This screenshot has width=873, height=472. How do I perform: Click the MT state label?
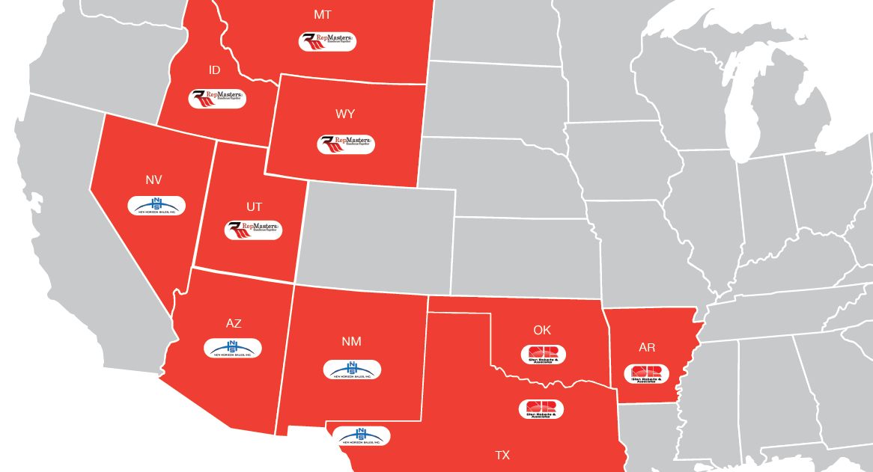pyautogui.click(x=323, y=15)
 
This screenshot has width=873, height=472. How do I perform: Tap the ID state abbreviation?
pyautogui.click(x=215, y=70)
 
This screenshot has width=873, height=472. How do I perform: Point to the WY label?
pyautogui.click(x=345, y=114)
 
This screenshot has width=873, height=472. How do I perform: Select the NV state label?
pyautogui.click(x=153, y=180)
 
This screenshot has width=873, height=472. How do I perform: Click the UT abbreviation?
pyautogui.click(x=255, y=206)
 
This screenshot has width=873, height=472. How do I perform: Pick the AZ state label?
pyautogui.click(x=234, y=323)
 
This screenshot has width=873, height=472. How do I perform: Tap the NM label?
pyautogui.click(x=351, y=342)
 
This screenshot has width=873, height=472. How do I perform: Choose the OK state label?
pyautogui.click(x=542, y=330)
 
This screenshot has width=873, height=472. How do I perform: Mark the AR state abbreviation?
pyautogui.click(x=648, y=348)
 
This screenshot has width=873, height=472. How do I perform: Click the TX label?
pyautogui.click(x=502, y=455)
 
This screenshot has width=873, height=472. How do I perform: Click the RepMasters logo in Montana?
pyautogui.click(x=327, y=41)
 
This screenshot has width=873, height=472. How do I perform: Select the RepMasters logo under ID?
pyautogui.click(x=217, y=99)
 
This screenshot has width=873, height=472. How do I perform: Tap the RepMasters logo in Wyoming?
pyautogui.click(x=346, y=144)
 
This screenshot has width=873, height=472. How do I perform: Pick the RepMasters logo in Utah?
pyautogui.click(x=254, y=230)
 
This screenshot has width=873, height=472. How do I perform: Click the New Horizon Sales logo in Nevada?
pyautogui.click(x=156, y=206)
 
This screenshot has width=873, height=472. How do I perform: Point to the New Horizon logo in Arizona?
pyautogui.click(x=233, y=348)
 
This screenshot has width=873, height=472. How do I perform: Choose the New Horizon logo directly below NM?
pyautogui.click(x=352, y=370)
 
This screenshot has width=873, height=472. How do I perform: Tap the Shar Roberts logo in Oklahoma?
pyautogui.click(x=544, y=355)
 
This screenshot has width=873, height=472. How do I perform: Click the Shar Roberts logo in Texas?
pyautogui.click(x=541, y=409)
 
